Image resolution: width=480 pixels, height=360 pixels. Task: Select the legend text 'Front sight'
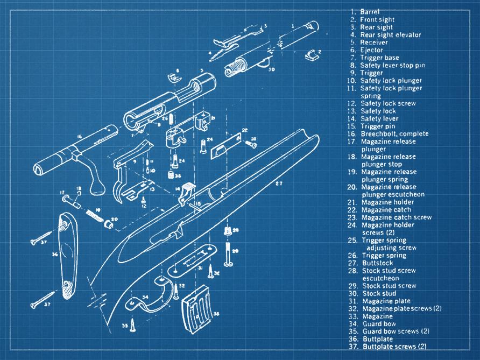[376, 19]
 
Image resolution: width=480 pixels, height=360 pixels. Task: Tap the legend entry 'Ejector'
[371, 50]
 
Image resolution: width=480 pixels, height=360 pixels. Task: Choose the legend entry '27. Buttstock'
[377, 263]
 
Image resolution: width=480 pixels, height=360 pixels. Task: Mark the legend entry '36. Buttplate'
[377, 339]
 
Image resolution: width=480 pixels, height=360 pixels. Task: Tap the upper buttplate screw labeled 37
[41, 237]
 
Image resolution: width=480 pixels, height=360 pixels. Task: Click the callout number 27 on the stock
[279, 183]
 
